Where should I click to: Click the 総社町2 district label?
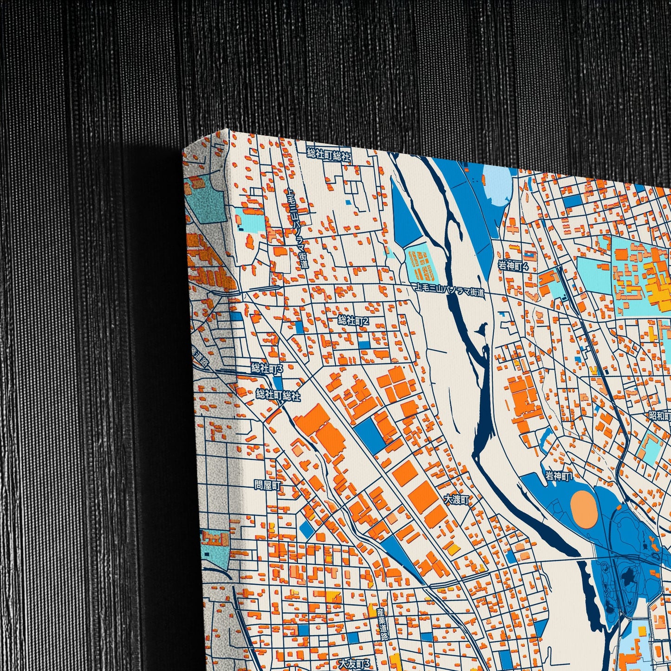353,320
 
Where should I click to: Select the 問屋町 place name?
268,485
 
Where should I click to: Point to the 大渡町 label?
457,500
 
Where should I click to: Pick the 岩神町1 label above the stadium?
559,476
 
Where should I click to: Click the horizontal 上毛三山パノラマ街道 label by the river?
449,291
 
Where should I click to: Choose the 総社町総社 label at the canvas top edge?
329,155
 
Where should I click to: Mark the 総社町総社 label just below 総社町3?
278,396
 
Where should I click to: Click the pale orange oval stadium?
584,510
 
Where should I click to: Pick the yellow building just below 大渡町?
454,549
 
